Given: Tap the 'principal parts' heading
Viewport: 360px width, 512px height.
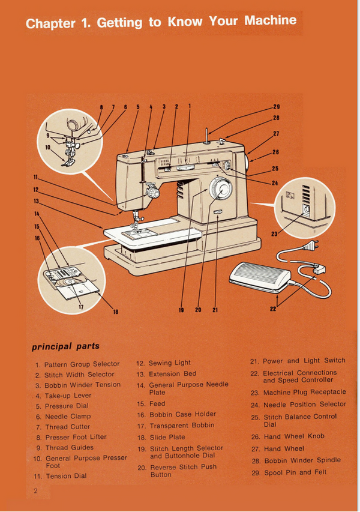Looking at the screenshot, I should coord(65,346).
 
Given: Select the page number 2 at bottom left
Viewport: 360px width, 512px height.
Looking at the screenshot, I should coord(36,491).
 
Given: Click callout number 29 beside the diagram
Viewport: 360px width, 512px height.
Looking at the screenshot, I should coord(276,106).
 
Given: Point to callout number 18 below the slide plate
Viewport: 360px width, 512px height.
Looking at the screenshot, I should coord(116,311).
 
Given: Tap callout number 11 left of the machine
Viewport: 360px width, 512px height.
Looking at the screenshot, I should coord(36,177).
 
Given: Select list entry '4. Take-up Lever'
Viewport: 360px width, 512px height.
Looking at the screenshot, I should coord(63,396).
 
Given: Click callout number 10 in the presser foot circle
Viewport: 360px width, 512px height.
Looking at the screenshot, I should coord(48,147).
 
